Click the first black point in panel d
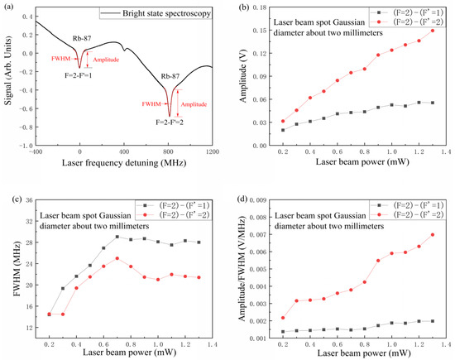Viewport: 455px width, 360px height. [283, 332]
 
